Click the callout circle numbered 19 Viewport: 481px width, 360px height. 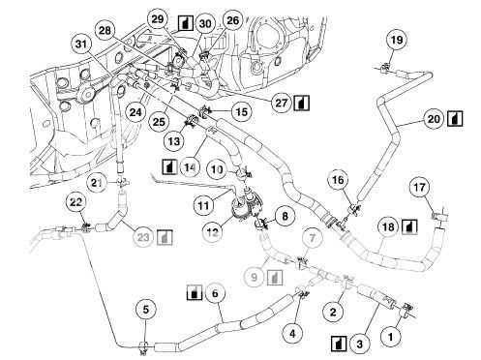tap(396, 40)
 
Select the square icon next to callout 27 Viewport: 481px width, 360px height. tap(302, 101)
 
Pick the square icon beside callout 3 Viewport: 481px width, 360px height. tap(340, 343)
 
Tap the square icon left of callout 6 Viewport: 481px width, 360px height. tap(193, 292)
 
